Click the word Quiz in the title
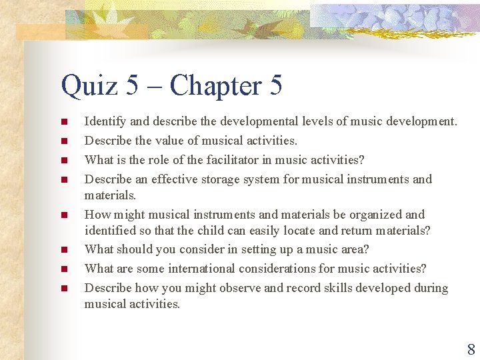coord(87,87)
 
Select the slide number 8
coord(471,349)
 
